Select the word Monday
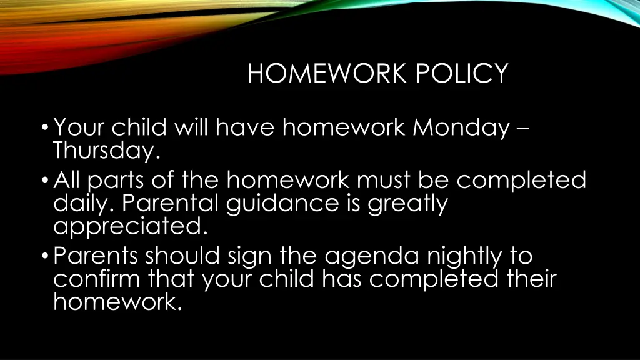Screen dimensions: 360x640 point(461,128)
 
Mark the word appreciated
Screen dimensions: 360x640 point(130,226)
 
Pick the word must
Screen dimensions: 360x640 point(384,181)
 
